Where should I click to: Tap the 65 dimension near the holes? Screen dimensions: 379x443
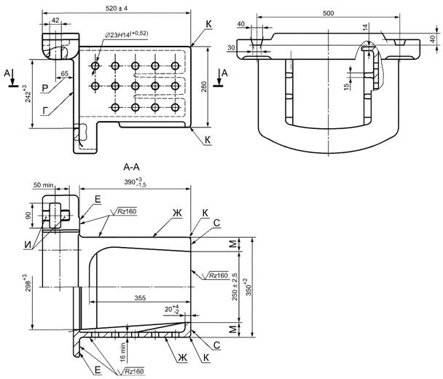[65, 74]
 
